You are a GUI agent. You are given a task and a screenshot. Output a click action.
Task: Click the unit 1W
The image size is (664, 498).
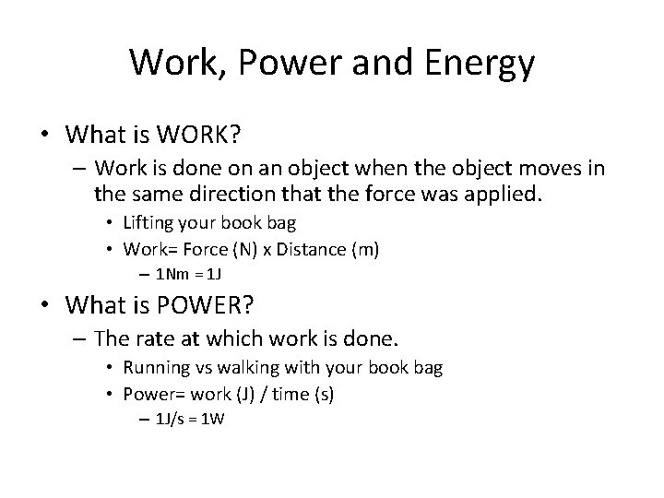pyautogui.click(x=212, y=420)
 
